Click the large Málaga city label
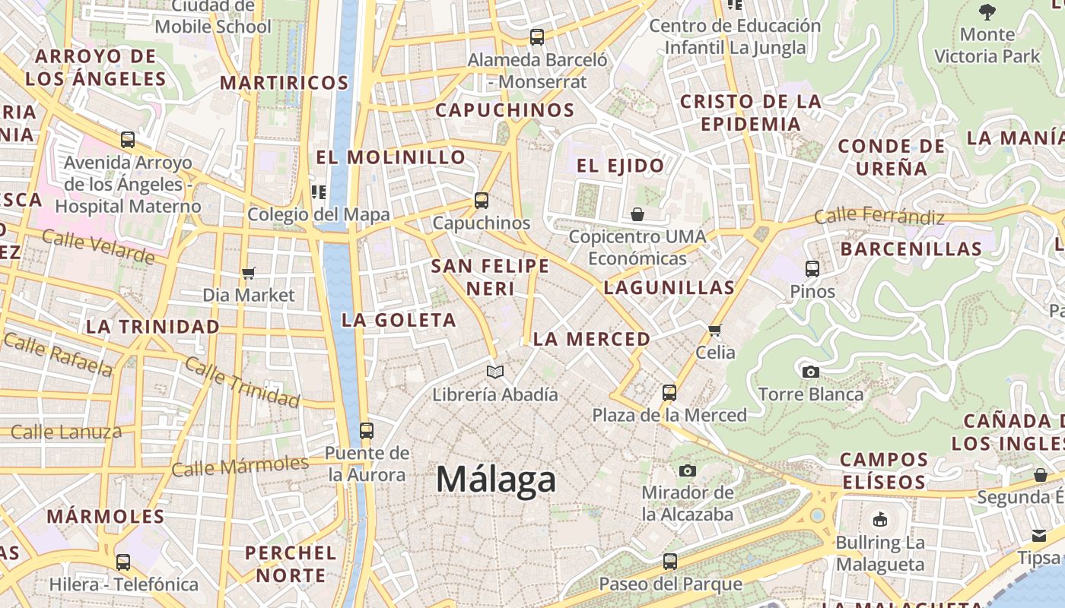(496, 480)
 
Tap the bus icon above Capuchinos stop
(481, 201)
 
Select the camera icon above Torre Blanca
(811, 372)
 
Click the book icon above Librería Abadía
(495, 372)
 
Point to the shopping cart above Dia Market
(248, 272)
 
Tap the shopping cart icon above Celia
(714, 330)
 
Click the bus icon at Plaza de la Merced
(669, 392)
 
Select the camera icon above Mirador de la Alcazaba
(688, 470)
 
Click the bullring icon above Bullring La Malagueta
(880, 520)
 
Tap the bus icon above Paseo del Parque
(669, 562)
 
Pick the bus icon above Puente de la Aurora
(366, 431)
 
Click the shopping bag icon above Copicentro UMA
(637, 214)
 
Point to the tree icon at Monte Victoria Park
(987, 11)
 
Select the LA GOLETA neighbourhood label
(399, 320)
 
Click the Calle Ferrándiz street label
(879, 217)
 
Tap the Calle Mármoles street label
(240, 465)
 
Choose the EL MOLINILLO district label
(390, 157)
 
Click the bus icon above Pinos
(812, 268)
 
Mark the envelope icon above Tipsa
(1039, 536)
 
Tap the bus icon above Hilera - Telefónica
(123, 562)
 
